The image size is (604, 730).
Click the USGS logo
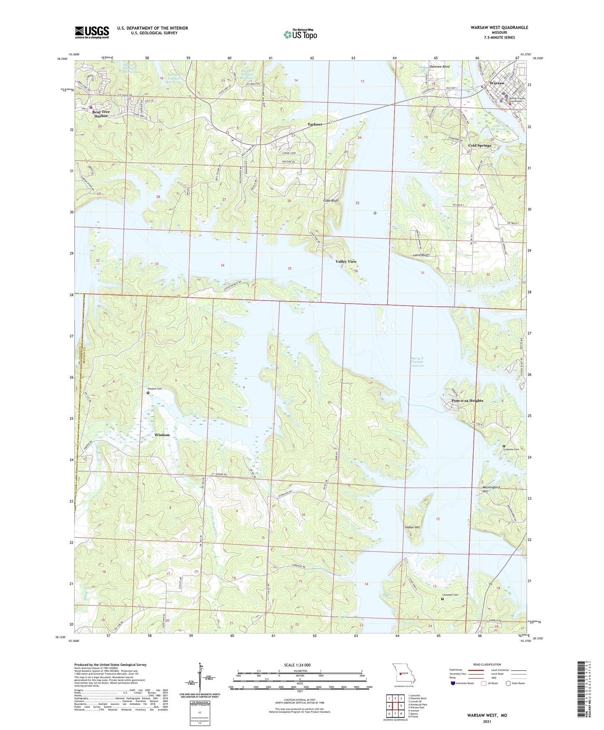point(92,32)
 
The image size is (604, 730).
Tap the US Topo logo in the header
point(301,34)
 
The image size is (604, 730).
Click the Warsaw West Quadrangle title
point(499,28)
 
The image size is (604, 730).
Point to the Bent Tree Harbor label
point(101,114)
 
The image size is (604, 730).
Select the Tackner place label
point(315,124)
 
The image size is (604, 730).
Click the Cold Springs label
point(479,145)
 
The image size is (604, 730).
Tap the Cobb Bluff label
point(331,201)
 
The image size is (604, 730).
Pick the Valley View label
point(346,261)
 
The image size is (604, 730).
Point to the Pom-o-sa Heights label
point(467,401)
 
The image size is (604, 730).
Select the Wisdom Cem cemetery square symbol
point(148,393)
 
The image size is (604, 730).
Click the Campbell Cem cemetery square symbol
point(443,599)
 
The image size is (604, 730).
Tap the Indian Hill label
point(412,527)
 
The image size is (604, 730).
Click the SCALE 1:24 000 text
point(297,665)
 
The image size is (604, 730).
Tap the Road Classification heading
point(487,664)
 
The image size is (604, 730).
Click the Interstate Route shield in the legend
point(453,683)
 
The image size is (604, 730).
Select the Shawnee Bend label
point(439,67)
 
